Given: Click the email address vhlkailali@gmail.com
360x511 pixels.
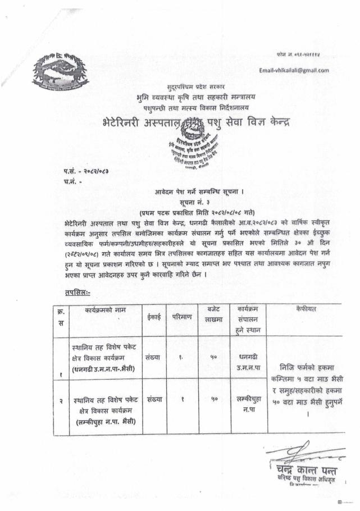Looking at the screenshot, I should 294,70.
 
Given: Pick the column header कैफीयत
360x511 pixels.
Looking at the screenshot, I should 305,309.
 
